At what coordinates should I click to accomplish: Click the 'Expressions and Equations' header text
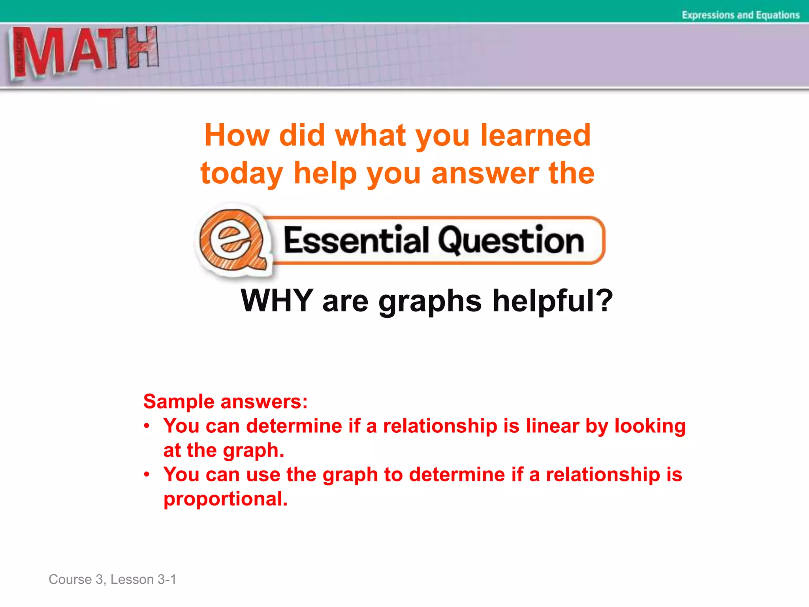[740, 15]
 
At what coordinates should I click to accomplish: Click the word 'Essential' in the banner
[356, 240]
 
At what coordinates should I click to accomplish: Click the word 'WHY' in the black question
[277, 300]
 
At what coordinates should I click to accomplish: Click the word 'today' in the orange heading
[242, 174]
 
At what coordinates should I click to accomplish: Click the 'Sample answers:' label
[225, 402]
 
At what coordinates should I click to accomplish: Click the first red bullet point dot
[147, 426]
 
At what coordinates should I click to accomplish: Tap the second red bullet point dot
[147, 474]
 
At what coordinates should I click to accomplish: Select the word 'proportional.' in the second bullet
[226, 499]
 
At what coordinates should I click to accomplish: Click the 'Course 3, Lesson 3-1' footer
[112, 579]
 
